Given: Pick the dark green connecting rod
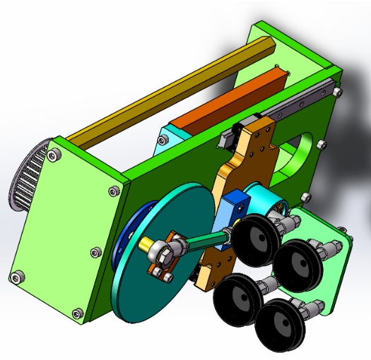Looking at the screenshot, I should coord(205,243).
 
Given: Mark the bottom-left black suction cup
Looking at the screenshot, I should coord(235,296).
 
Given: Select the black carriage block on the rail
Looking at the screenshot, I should coord(230,138).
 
